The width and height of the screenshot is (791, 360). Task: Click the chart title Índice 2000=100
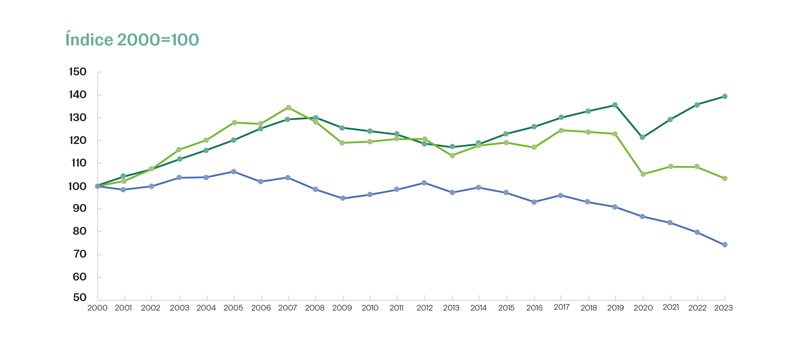[x=132, y=40]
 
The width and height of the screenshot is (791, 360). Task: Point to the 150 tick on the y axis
[x=78, y=72]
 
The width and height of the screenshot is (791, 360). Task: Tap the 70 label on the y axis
[x=79, y=254]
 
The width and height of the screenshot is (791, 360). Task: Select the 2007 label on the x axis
[x=288, y=308]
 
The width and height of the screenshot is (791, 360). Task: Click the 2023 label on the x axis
[x=723, y=308]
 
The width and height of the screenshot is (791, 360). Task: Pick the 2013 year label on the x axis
[x=451, y=308]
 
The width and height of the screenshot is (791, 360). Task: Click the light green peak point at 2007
[x=288, y=108]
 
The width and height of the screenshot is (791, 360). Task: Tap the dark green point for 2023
[x=725, y=96]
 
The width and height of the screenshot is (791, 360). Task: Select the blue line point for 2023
[x=725, y=244]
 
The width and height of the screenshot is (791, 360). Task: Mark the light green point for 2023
[x=725, y=178]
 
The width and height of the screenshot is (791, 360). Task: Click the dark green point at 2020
[x=643, y=137]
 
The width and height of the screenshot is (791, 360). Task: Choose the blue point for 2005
[x=234, y=172]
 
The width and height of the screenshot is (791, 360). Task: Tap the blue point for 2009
[x=343, y=198]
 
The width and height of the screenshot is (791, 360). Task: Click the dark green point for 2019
[x=615, y=105]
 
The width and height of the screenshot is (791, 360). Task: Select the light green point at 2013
[x=452, y=155]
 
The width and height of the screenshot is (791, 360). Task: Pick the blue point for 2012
[x=424, y=183]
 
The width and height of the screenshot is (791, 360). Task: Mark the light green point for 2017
[x=561, y=130]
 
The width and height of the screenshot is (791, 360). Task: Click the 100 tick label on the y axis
[x=77, y=186]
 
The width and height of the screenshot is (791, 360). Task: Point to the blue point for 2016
[x=534, y=202]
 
